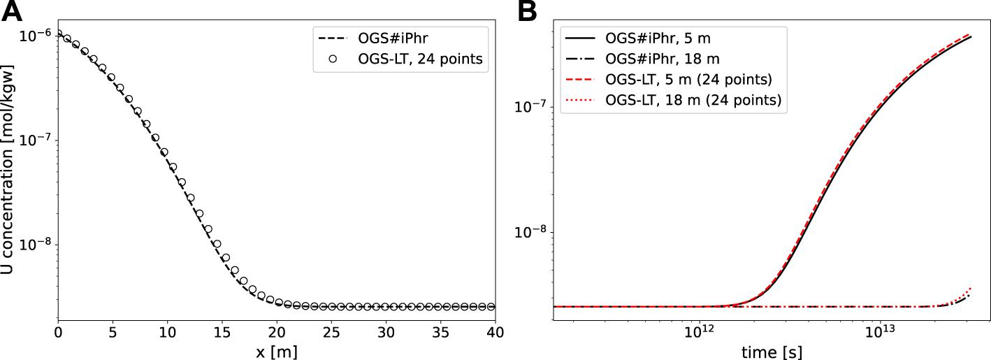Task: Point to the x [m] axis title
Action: tap(277, 350)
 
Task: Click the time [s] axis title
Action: tap(772, 350)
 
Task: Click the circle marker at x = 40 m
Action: tap(491, 307)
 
